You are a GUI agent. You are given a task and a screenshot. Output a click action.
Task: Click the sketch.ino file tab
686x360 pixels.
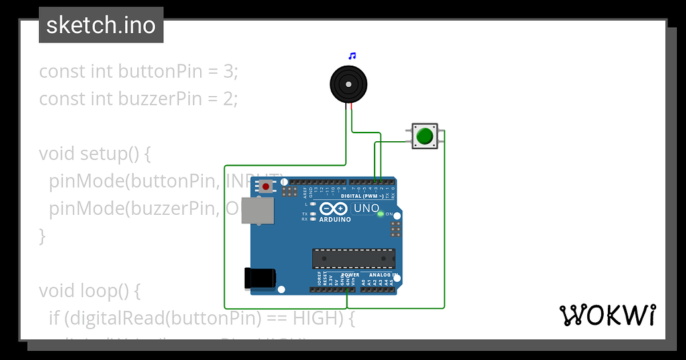(x=101, y=25)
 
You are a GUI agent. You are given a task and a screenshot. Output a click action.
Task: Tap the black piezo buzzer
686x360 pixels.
(x=348, y=85)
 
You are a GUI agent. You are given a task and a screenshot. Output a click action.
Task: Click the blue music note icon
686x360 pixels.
(x=353, y=56)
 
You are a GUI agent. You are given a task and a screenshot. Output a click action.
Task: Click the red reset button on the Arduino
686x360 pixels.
(x=266, y=186)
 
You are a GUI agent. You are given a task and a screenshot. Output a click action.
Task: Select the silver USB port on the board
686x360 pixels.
(x=257, y=210)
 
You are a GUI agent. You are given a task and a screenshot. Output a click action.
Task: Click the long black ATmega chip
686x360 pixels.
(x=353, y=259)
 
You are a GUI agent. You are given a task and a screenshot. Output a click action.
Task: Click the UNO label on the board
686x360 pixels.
(x=366, y=209)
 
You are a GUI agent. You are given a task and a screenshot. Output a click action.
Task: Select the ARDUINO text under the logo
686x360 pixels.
(x=335, y=219)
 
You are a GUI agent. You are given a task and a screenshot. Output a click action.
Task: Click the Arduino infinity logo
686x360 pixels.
(x=333, y=209)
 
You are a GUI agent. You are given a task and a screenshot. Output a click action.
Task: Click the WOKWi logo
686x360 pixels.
(x=608, y=316)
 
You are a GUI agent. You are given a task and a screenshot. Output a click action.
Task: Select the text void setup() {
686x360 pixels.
(x=95, y=154)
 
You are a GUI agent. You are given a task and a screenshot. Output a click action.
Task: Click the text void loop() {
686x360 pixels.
(x=90, y=290)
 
